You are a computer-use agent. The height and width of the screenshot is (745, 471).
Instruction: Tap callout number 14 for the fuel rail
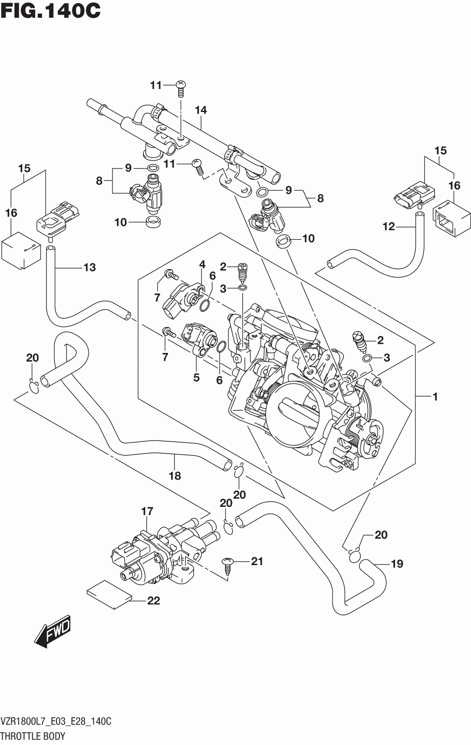pyautogui.click(x=201, y=110)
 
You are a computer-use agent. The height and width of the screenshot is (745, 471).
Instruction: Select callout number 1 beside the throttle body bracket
pyautogui.click(x=435, y=397)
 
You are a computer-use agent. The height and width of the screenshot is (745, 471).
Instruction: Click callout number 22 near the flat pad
pyautogui.click(x=154, y=601)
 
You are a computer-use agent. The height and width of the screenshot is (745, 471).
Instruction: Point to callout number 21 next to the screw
pyautogui.click(x=257, y=561)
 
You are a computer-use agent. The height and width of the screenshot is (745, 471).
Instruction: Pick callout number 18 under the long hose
pyautogui.click(x=175, y=476)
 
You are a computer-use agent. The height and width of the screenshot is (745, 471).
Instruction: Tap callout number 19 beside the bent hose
pyautogui.click(x=397, y=564)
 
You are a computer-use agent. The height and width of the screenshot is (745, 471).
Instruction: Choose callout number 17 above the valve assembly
pyautogui.click(x=147, y=511)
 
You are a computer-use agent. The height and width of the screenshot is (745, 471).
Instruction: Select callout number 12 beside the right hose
pyautogui.click(x=389, y=226)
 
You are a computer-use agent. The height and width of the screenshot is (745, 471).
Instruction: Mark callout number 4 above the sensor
pyautogui.click(x=202, y=265)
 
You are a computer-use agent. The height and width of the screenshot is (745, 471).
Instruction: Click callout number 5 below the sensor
pyautogui.click(x=196, y=378)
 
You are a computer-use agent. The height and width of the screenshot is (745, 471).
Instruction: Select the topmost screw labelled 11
pyautogui.click(x=181, y=88)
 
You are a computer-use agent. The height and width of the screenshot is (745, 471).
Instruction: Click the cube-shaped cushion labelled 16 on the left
pyautogui.click(x=21, y=250)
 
